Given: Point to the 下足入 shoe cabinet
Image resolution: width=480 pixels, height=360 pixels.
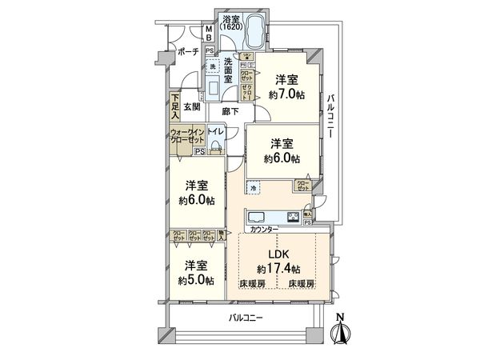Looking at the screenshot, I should click(x=174, y=106).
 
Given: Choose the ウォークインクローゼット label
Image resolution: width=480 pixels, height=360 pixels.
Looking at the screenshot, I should click(x=185, y=136).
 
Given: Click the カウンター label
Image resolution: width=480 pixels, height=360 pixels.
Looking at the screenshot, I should click(x=263, y=230).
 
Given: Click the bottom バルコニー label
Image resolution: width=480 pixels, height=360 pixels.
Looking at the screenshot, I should click(x=246, y=318).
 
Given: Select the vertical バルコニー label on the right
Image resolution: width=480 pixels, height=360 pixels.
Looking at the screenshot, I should click(x=330, y=119).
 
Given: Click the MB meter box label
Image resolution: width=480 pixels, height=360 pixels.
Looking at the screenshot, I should click(x=207, y=33).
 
